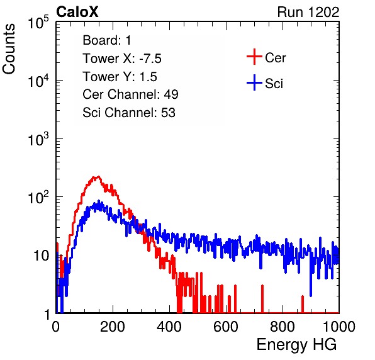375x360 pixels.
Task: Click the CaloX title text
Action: point(77,12)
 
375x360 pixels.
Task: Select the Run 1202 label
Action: point(308,12)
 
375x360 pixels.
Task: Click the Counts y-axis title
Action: point(9,49)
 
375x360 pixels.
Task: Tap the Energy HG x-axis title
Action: point(296,345)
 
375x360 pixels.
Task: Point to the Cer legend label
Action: point(275,58)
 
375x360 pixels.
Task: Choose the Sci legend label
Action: point(274,84)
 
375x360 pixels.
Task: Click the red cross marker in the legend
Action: point(254,57)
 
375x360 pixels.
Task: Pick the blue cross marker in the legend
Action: point(254,82)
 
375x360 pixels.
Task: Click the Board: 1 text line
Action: point(107,40)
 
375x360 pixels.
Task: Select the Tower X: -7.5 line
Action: point(122,59)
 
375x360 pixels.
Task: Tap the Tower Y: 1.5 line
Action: point(120,77)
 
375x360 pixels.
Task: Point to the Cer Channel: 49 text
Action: point(130,94)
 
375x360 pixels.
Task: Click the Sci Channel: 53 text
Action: point(129,113)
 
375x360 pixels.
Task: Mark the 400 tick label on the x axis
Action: point(169,327)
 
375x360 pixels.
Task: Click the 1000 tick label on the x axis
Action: point(339,327)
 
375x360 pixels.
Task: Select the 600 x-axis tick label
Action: point(226,327)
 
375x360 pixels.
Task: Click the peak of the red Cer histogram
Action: point(98,176)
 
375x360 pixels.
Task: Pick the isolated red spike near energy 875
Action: point(303,304)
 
